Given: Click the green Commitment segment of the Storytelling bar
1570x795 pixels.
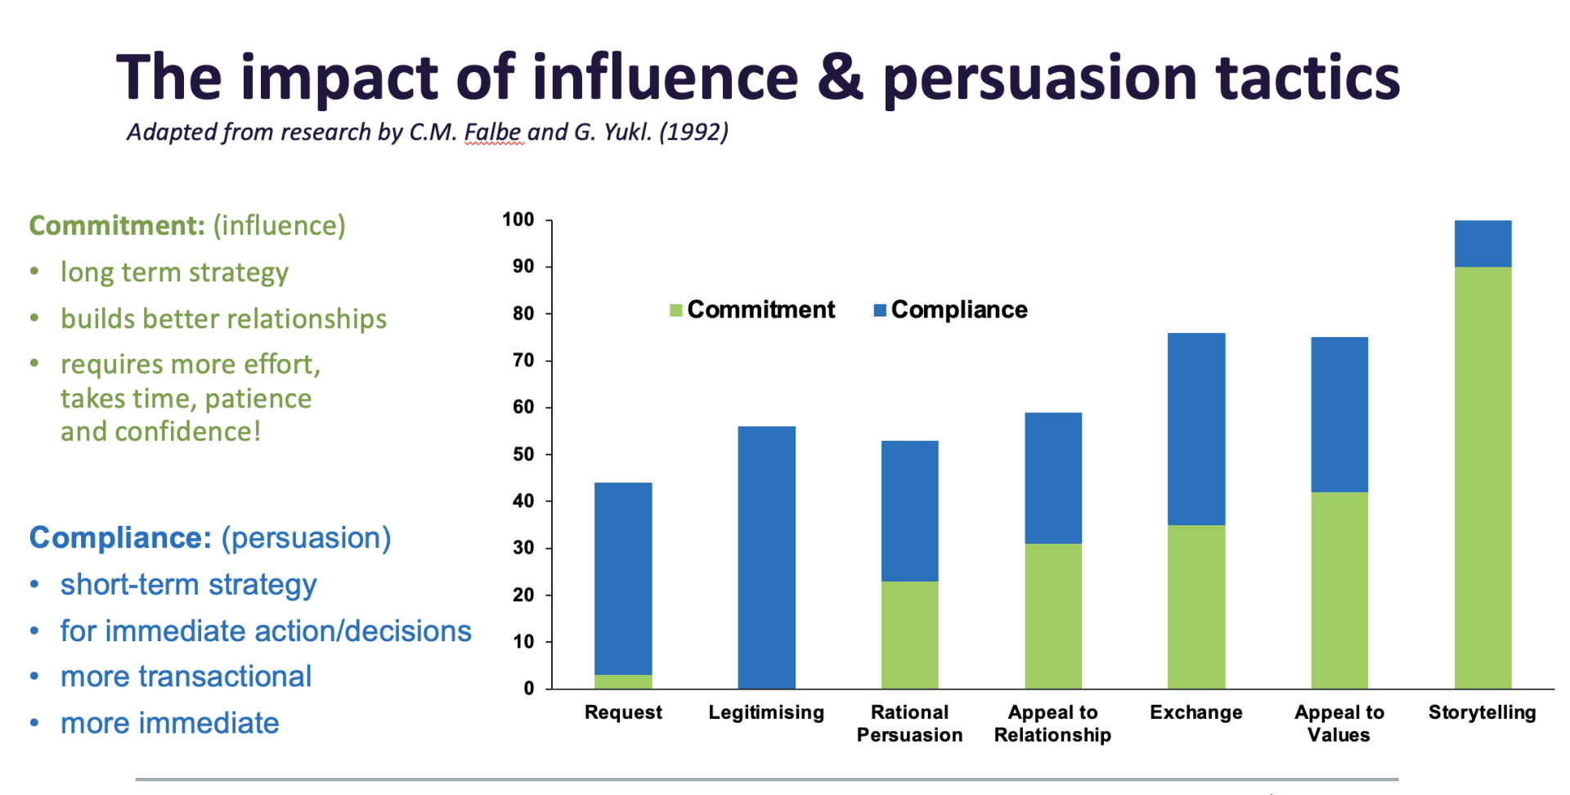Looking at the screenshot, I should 1483,478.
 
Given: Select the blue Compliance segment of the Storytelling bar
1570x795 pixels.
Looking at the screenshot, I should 1483,244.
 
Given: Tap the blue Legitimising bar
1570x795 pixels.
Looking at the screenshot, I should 766,557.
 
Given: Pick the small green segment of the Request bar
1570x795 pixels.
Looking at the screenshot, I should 623,681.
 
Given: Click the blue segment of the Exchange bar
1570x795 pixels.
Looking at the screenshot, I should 1196,429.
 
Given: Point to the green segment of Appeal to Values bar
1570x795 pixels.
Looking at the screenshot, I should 1339,590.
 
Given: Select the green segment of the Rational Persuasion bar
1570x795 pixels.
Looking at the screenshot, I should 909,635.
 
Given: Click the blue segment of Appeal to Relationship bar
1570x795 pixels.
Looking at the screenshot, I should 1053,478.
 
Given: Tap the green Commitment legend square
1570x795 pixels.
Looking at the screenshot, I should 676,310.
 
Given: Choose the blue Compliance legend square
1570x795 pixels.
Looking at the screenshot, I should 880,310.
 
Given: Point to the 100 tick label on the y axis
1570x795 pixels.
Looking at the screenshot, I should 518,219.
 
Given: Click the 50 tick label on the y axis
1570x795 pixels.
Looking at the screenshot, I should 523,454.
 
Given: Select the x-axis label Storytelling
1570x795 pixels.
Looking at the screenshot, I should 1482,712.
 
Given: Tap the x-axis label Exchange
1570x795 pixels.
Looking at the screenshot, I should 1195,712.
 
